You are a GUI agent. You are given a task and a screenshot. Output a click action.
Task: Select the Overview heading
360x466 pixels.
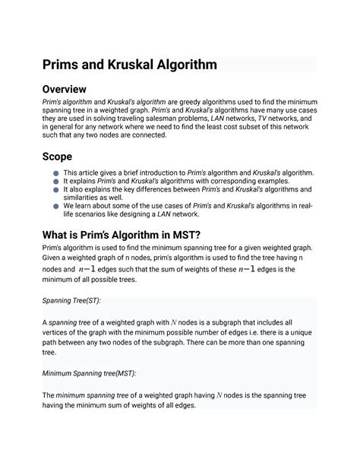[x=71, y=90]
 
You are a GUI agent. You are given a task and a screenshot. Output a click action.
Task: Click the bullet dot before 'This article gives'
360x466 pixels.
[x=56, y=174]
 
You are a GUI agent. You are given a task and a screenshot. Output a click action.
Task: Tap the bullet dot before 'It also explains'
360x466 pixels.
[x=56, y=192]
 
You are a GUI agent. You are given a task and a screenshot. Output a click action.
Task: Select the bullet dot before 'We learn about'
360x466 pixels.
[x=56, y=205]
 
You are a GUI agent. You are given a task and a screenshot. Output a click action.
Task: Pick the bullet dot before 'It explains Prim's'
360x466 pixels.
[x=56, y=182]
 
